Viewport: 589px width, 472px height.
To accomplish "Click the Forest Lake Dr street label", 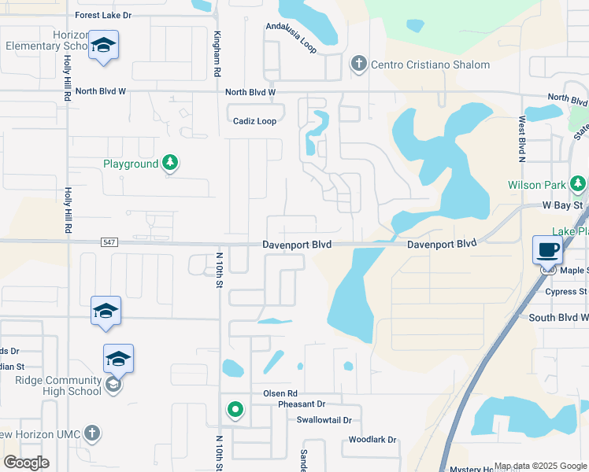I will point(114,15).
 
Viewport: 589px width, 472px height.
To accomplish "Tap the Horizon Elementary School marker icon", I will point(103,46).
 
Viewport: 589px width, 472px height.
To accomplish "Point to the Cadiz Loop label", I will point(254,121).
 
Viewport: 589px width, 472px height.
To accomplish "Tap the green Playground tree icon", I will point(169,164).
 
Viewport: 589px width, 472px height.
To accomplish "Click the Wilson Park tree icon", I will point(579,185).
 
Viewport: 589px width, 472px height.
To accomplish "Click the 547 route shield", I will point(109,242).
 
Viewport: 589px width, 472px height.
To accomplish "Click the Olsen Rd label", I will point(280,393).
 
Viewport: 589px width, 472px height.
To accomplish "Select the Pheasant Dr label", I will point(285,404).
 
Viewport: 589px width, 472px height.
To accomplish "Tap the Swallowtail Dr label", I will point(324,420).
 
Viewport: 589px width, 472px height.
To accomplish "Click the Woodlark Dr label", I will point(372,440).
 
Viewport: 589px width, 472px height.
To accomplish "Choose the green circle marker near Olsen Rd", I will point(235,409).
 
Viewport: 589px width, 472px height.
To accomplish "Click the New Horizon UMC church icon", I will point(92,433).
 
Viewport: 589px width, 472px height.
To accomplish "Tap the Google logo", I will point(26,463).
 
